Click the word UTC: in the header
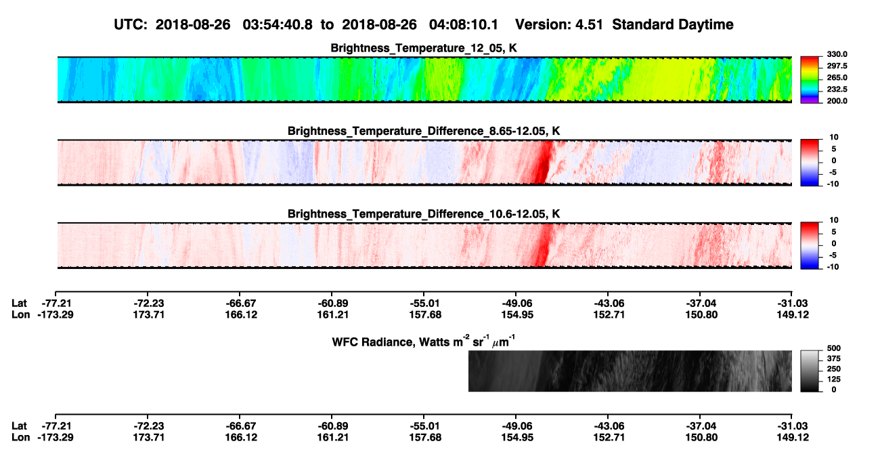pyautogui.click(x=131, y=25)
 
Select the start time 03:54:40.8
pyautogui.click(x=278, y=25)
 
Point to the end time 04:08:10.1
pyautogui.click(x=464, y=25)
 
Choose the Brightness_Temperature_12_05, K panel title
pyautogui.click(x=424, y=48)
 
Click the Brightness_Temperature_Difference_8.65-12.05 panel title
pyautogui.click(x=424, y=131)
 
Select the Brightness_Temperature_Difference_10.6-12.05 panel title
pyautogui.click(x=424, y=214)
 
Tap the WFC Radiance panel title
pyautogui.click(x=424, y=342)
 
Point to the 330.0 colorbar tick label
pyautogui.click(x=837, y=54)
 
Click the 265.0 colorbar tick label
pyautogui.click(x=837, y=77)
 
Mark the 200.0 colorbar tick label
pyautogui.click(x=837, y=101)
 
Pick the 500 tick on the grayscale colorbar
pyautogui.click(x=834, y=348)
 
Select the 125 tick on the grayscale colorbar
pyautogui.click(x=834, y=379)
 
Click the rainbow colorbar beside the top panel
pyautogui.click(x=810, y=80)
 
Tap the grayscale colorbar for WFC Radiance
pyautogui.click(x=810, y=371)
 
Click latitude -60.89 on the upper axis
pyautogui.click(x=332, y=304)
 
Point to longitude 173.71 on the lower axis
pyautogui.click(x=148, y=438)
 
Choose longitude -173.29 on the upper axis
pyautogui.click(x=56, y=314)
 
